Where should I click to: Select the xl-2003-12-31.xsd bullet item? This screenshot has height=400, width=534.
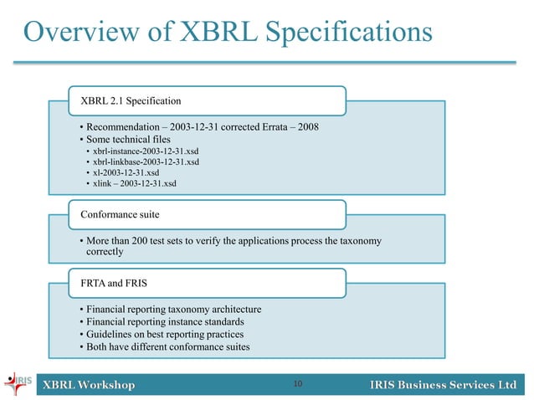coord(126,172)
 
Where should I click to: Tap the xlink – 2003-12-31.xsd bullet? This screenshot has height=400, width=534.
coord(134,183)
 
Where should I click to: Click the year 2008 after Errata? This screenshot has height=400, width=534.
coord(303,126)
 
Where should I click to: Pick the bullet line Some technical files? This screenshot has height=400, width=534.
coord(126,139)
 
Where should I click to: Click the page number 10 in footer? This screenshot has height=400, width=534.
coord(298,384)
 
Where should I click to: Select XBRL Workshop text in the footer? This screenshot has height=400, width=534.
coord(89,385)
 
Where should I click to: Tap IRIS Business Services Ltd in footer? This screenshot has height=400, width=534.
coord(443,385)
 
